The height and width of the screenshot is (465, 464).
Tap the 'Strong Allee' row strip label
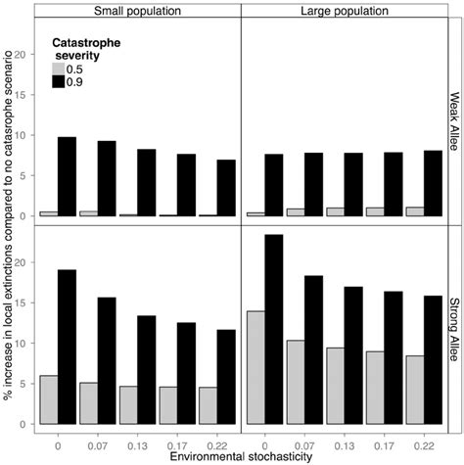[x=454, y=324]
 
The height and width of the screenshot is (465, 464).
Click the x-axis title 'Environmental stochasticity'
[x=240, y=456]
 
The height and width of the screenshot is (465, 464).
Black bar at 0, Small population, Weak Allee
[x=66, y=176]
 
